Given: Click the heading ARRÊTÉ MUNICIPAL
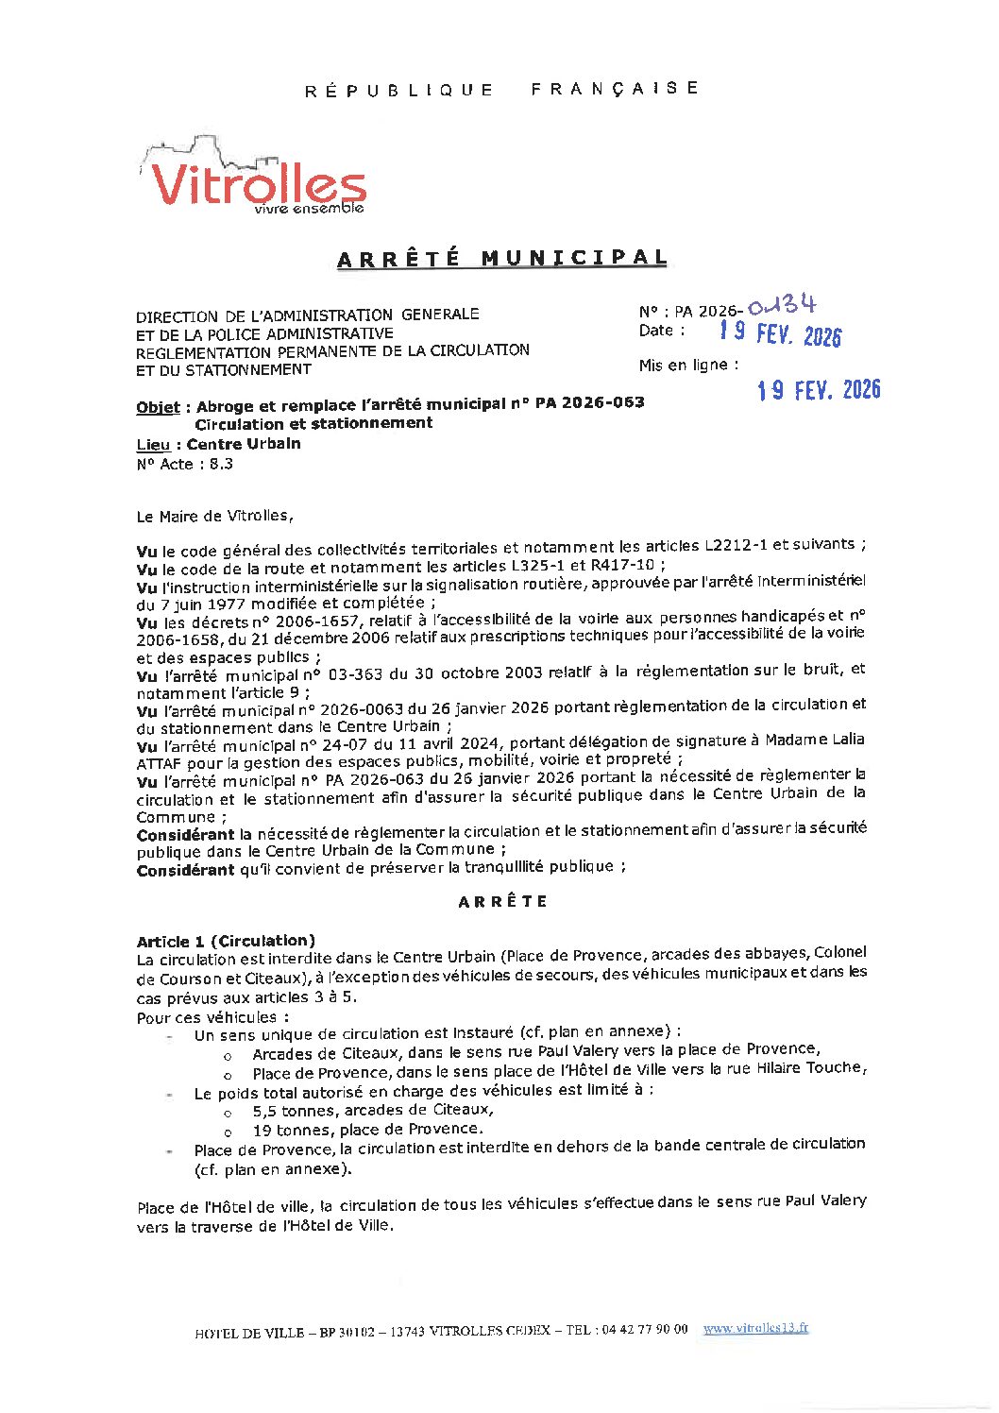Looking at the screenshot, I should point(501,258).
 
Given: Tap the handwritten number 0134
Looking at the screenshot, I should point(781,306).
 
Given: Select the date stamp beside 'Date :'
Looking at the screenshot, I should point(779,332).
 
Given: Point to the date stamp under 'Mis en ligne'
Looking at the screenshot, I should point(818,389).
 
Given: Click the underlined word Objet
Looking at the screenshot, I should point(158,407).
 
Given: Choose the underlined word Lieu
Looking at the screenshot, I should point(153,444).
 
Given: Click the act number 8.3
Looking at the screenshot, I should point(221,464).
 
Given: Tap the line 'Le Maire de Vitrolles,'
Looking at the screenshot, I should point(215,516).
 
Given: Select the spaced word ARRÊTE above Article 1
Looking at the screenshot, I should point(502,901).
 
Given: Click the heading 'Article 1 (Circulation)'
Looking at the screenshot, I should point(226,941).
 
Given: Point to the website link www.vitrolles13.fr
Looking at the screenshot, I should point(755,1328).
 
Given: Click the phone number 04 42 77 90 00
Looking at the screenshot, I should point(641,1329).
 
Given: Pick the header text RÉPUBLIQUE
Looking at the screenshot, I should point(399,91).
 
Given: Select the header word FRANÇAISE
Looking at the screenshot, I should point(615,88).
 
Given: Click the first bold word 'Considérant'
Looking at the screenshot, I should point(185,835).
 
